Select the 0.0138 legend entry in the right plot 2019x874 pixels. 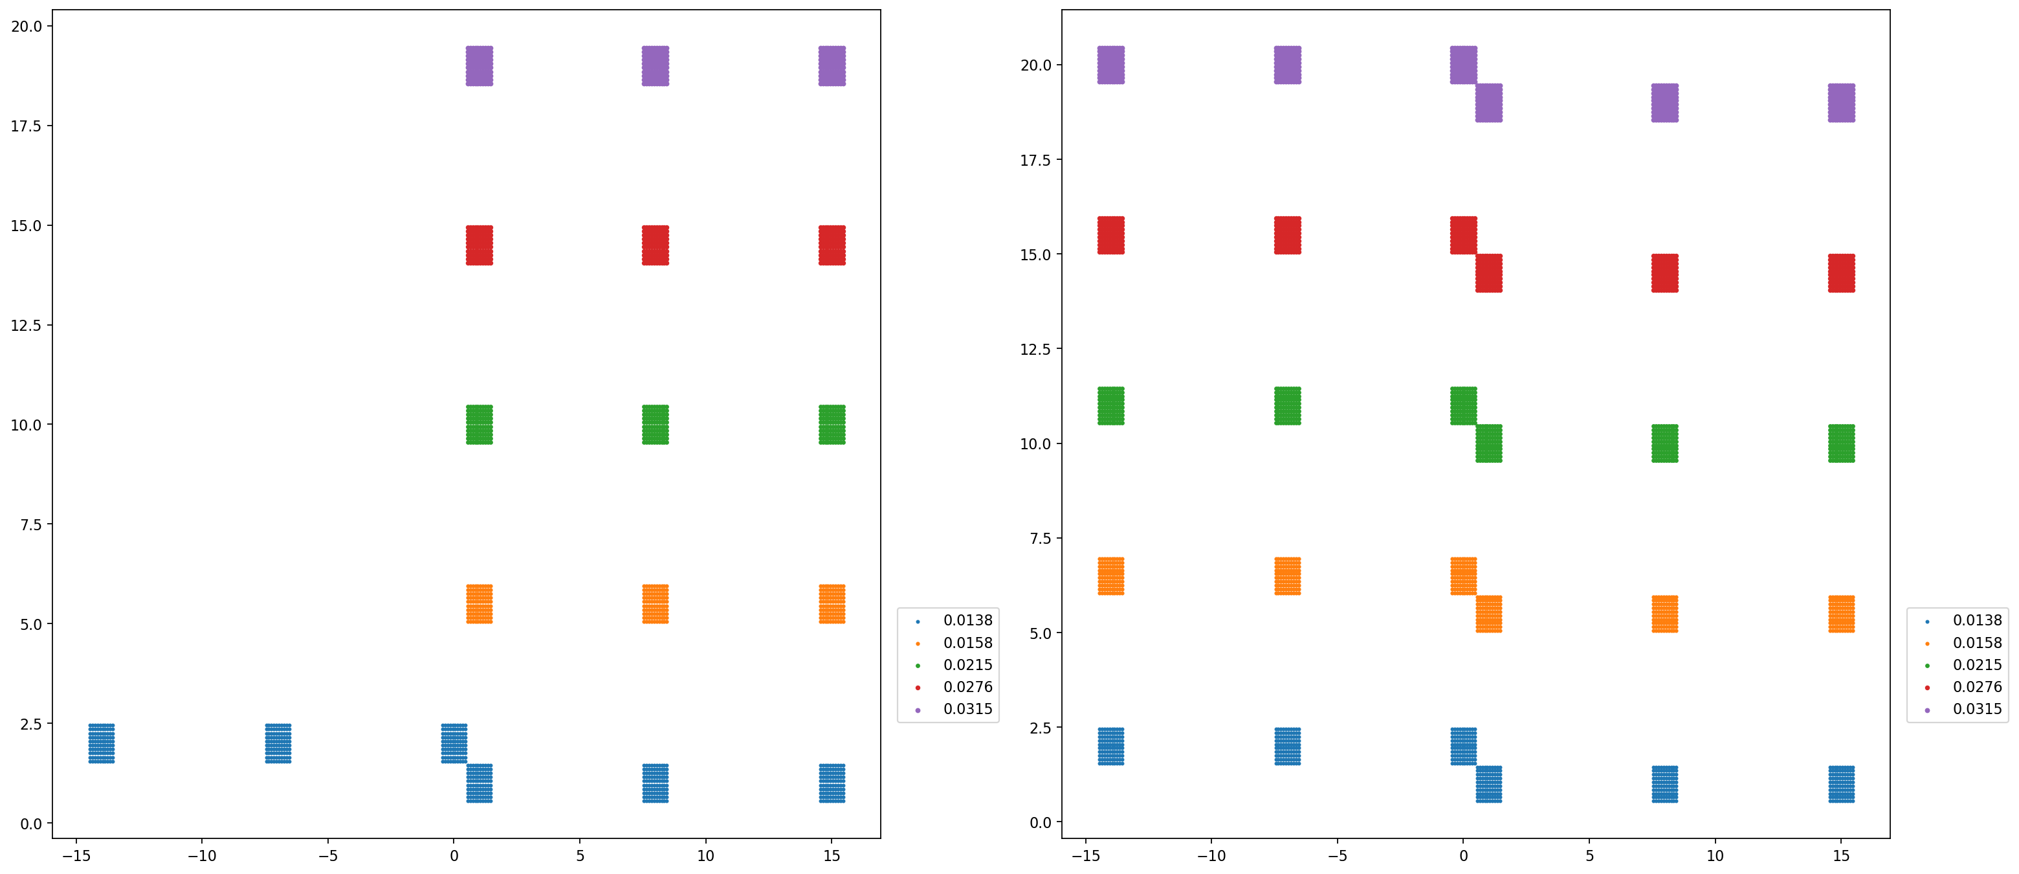coord(1976,620)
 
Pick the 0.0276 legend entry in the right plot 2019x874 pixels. coord(1976,687)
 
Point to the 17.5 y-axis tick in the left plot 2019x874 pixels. coord(26,126)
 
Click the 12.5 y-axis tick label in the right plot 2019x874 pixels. coord(1035,349)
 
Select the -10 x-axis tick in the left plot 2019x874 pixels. coord(201,855)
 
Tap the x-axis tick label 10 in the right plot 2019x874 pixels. coord(1715,855)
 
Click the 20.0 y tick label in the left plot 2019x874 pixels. coord(26,26)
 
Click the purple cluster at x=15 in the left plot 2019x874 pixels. coord(832,66)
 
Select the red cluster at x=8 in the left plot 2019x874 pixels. coord(656,245)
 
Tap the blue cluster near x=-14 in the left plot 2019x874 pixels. coord(101,743)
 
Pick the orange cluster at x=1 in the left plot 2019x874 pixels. coord(479,603)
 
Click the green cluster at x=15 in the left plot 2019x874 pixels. coord(832,424)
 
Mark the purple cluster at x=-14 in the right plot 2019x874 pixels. coord(1110,65)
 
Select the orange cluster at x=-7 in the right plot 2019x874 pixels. coord(1287,576)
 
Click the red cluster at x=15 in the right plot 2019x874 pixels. coord(1841,273)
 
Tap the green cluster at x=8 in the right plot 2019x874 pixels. coord(1665,443)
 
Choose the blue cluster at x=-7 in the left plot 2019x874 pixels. coord(278,743)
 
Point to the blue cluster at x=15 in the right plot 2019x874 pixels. coord(1841,784)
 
